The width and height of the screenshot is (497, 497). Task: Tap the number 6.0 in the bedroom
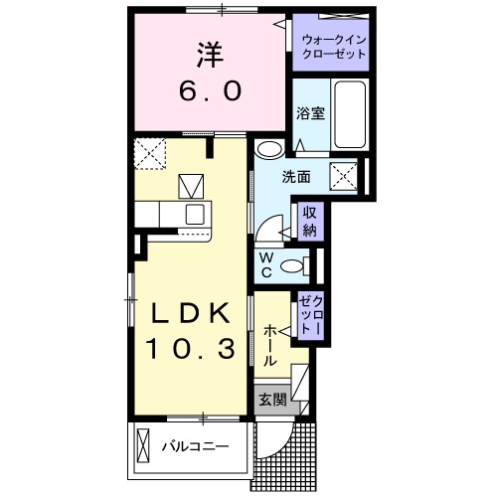coord(209,91)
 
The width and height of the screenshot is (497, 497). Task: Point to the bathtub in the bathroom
coord(351,114)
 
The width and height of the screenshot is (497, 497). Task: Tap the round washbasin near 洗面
coord(267,150)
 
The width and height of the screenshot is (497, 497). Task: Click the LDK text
coord(191,315)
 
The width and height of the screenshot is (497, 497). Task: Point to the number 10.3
coord(192,350)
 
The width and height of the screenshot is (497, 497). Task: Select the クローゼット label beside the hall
coord(310,315)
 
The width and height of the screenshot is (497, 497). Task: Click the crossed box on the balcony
coord(145,445)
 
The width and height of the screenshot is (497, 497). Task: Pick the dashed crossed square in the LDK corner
coord(151,154)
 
